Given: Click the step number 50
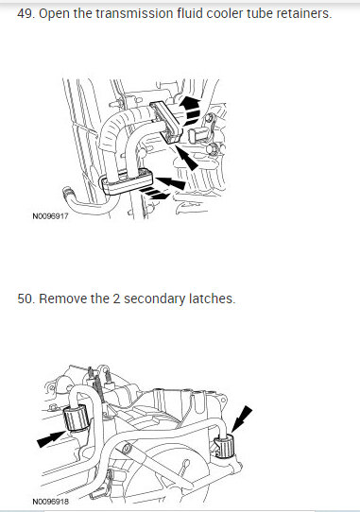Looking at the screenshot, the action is (26, 299).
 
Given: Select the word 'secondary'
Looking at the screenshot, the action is (158, 299).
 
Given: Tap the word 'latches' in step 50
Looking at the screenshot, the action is (214, 299).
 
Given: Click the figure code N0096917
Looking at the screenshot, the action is (49, 216).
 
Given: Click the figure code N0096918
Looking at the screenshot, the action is (49, 502).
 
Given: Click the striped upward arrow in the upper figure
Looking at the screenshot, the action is (191, 107).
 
